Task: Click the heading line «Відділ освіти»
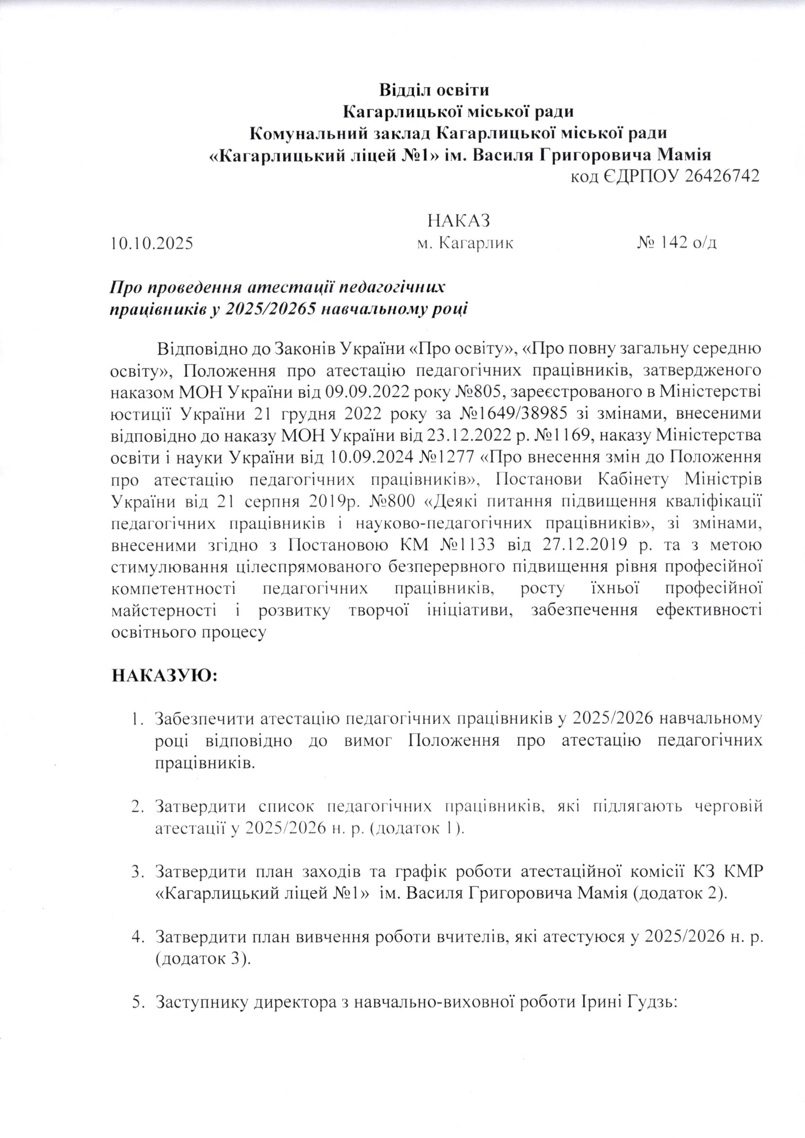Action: point(434,91)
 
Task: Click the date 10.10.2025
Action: point(152,244)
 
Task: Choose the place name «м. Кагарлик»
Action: point(465,243)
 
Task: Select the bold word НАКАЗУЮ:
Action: point(165,676)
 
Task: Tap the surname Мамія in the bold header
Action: point(683,155)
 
